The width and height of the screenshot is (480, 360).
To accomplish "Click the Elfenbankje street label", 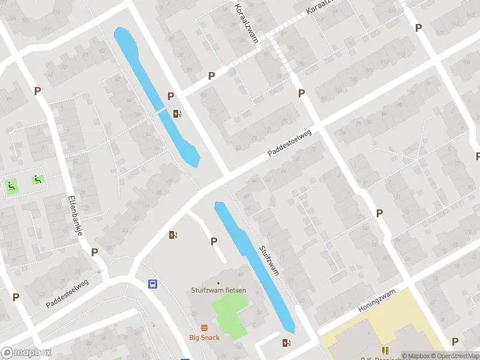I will pyautogui.click(x=74, y=215).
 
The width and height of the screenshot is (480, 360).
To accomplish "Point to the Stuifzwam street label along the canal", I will pyautogui.click(x=269, y=259).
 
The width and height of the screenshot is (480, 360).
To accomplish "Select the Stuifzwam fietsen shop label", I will pyautogui.click(x=218, y=290).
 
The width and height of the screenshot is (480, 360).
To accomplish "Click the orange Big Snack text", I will pyautogui.click(x=205, y=337).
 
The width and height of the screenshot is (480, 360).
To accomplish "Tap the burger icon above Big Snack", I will pyautogui.click(x=205, y=328).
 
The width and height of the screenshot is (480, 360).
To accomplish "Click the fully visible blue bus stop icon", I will pyautogui.click(x=153, y=284).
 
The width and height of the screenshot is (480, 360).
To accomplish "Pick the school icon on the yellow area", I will pyautogui.click(x=385, y=350).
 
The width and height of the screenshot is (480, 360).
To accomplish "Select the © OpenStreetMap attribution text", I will pyautogui.click(x=454, y=356).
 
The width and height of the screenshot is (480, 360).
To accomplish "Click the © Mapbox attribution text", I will pyautogui.click(x=415, y=356).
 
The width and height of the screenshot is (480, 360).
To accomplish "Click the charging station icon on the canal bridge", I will pyautogui.click(x=177, y=113).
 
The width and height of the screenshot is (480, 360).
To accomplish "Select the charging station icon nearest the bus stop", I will pyautogui.click(x=173, y=235).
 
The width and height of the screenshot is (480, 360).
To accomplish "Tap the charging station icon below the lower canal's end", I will pyautogui.click(x=286, y=343).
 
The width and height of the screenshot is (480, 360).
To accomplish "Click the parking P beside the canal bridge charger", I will pyautogui.click(x=170, y=96).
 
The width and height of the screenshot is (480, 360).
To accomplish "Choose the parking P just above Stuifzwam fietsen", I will pyautogui.click(x=214, y=241).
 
